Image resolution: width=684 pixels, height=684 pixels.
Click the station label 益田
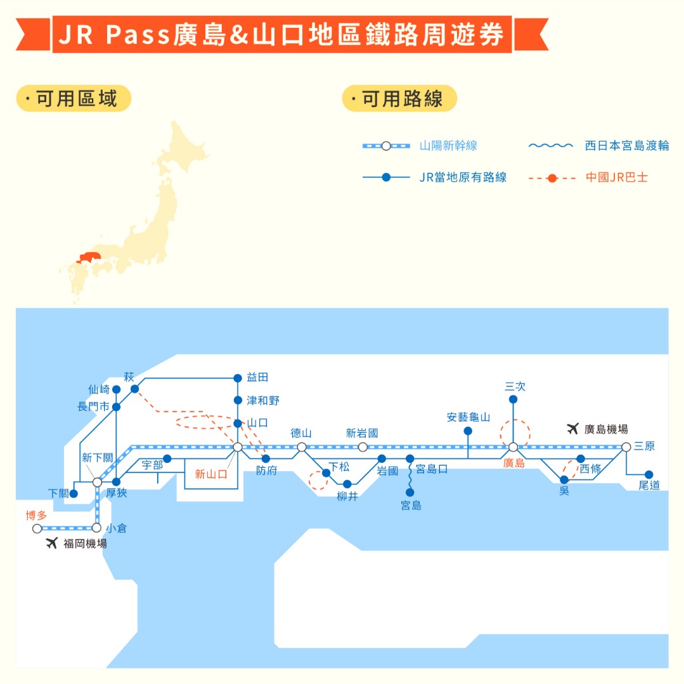click(x=258, y=377)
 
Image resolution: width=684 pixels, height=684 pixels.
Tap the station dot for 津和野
click(x=238, y=400)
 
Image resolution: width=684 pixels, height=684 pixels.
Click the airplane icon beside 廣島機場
click(x=572, y=429)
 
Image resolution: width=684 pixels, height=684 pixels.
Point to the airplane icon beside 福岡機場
click(x=52, y=543)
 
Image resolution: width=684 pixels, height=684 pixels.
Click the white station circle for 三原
click(x=626, y=447)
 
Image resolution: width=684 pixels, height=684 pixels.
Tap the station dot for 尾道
click(x=649, y=474)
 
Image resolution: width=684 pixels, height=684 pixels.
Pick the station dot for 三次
click(x=513, y=400)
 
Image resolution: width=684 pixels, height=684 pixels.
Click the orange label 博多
click(x=36, y=516)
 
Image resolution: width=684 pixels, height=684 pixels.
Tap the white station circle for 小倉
click(x=97, y=527)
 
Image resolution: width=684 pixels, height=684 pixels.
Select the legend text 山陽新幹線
click(x=448, y=146)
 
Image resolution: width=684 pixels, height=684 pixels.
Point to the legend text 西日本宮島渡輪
click(x=626, y=146)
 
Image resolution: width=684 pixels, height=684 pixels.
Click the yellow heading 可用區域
click(x=74, y=99)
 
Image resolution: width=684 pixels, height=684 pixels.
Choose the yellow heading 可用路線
click(x=399, y=99)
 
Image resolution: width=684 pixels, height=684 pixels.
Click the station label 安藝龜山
click(x=468, y=417)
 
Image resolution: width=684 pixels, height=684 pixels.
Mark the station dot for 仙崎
click(x=117, y=389)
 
